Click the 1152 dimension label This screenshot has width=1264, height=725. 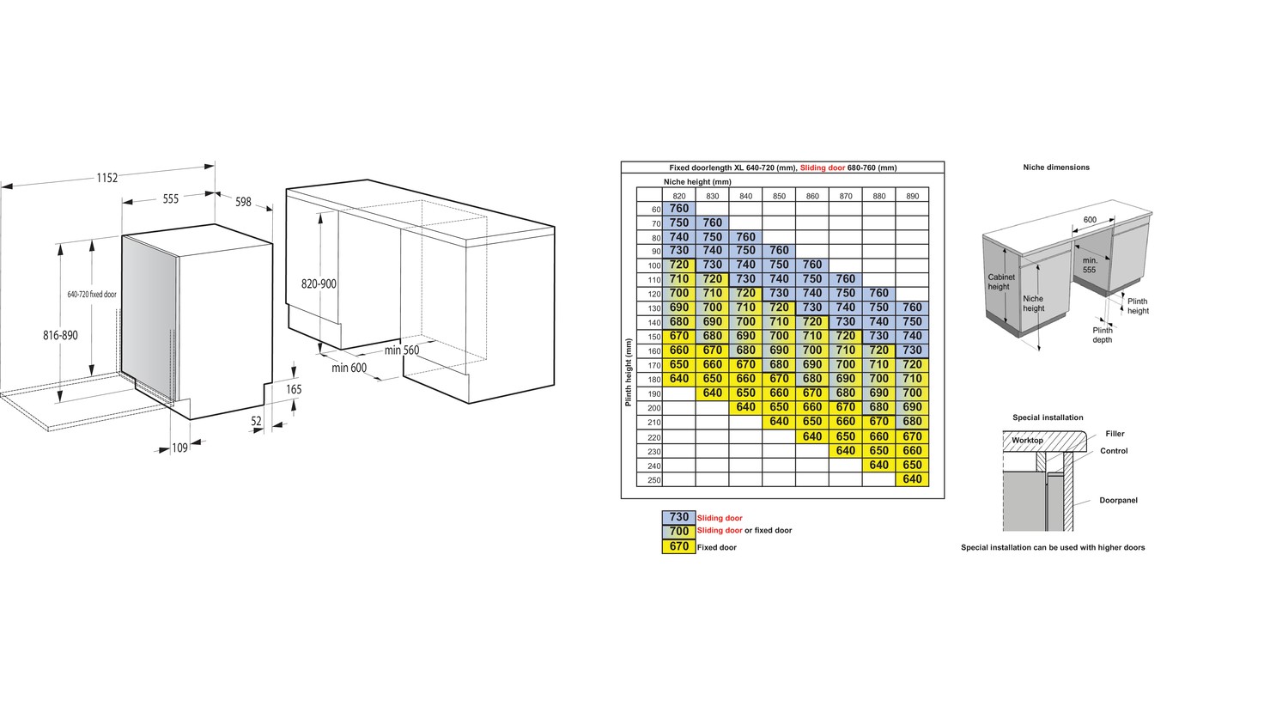pyautogui.click(x=106, y=178)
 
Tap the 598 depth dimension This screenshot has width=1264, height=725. pyautogui.click(x=243, y=202)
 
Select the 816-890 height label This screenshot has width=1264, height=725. pyautogui.click(x=60, y=335)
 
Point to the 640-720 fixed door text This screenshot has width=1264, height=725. pyautogui.click(x=92, y=295)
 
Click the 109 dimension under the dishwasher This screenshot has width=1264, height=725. pyautogui.click(x=179, y=448)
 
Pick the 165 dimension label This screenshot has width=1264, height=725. pyautogui.click(x=294, y=389)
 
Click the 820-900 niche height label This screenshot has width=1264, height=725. pyautogui.click(x=319, y=284)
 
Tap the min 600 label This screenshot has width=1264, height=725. pyautogui.click(x=349, y=369)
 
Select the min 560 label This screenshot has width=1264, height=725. pyautogui.click(x=402, y=350)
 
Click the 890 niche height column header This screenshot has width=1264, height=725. pyautogui.click(x=913, y=196)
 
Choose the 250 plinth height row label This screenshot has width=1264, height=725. pyautogui.click(x=654, y=480)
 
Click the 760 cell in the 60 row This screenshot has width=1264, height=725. pyautogui.click(x=679, y=209)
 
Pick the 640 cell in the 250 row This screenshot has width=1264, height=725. pyautogui.click(x=913, y=479)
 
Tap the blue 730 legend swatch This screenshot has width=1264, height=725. pyautogui.click(x=679, y=517)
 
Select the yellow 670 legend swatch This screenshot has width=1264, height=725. pyautogui.click(x=679, y=546)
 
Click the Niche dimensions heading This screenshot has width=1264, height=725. pyautogui.click(x=1056, y=168)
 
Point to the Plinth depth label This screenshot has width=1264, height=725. pyautogui.click(x=1102, y=335)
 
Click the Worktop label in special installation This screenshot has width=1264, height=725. pyautogui.click(x=1027, y=441)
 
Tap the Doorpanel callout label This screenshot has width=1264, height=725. pyautogui.click(x=1118, y=500)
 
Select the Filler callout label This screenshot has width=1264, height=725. pyautogui.click(x=1115, y=434)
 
